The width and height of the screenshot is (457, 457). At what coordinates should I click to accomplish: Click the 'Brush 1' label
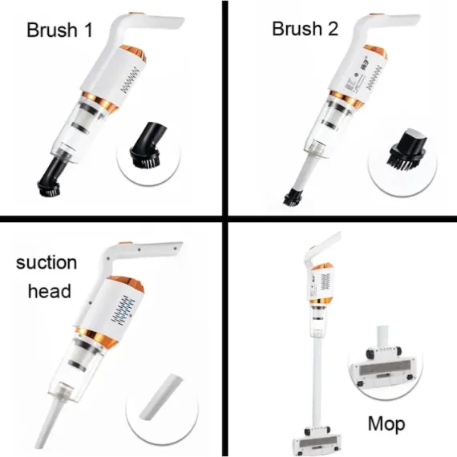[59, 30]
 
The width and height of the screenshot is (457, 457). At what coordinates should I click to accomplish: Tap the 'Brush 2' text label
[305, 29]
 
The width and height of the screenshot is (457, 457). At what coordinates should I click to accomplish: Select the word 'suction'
[47, 262]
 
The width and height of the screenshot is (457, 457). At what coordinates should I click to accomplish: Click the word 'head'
[50, 290]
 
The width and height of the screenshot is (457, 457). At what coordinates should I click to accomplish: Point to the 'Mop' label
[386, 425]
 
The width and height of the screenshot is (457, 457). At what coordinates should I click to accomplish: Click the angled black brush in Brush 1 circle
[148, 146]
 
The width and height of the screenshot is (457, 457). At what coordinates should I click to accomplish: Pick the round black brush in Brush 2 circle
[408, 150]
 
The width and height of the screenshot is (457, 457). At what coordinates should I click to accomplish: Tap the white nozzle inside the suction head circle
[161, 397]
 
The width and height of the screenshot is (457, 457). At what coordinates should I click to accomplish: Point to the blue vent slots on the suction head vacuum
[123, 310]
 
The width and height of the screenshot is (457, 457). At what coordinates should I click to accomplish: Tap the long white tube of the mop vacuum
[317, 382]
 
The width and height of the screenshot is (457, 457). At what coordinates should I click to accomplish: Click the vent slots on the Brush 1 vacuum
[130, 79]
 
